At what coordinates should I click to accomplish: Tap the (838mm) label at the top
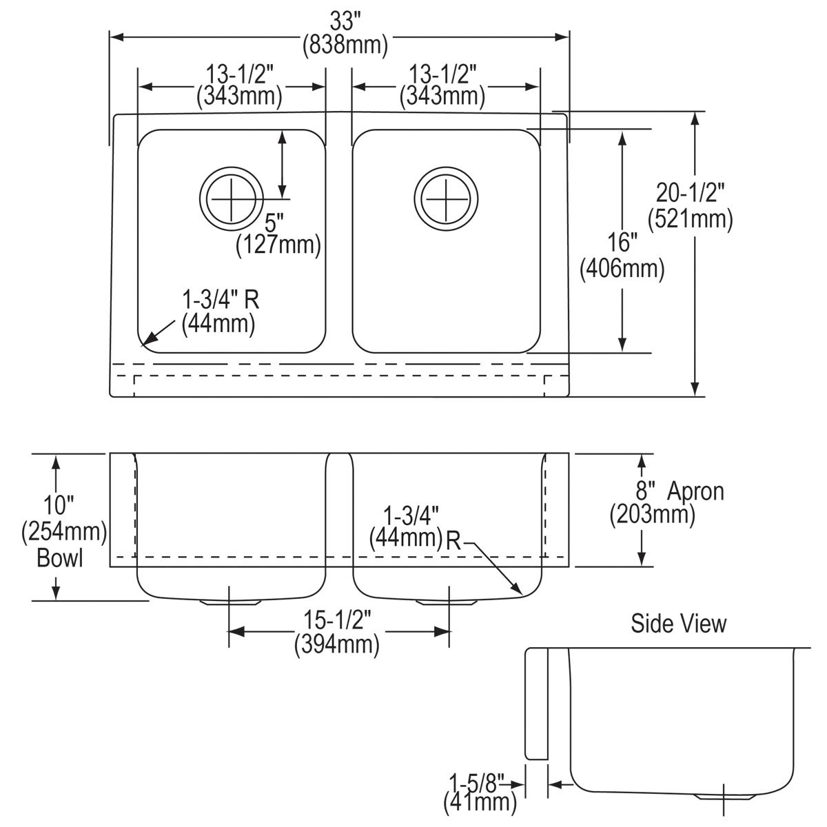(x=345, y=45)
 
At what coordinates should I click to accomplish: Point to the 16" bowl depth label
(x=622, y=243)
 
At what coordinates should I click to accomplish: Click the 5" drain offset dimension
(x=275, y=222)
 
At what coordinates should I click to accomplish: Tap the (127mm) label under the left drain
(x=278, y=245)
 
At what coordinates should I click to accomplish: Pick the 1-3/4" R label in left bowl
(x=221, y=300)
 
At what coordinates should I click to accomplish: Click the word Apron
(x=696, y=491)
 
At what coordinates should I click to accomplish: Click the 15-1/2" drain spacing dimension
(x=338, y=621)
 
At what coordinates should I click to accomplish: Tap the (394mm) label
(x=337, y=644)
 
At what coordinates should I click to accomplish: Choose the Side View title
(x=679, y=624)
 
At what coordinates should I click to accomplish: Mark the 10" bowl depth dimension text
(x=60, y=505)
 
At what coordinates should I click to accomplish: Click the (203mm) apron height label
(x=652, y=514)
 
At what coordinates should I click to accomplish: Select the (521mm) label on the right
(x=690, y=219)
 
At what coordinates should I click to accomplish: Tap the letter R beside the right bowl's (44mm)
(x=453, y=540)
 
